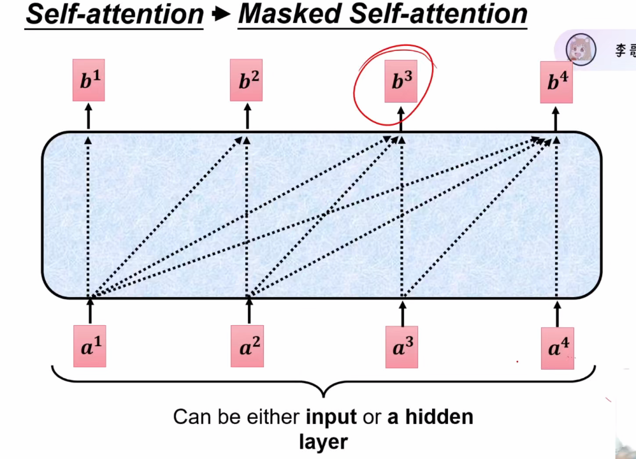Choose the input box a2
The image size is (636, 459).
247,347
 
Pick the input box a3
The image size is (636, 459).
402,347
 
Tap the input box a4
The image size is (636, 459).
557,348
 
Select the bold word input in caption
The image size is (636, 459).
331,418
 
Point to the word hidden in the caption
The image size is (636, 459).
439,418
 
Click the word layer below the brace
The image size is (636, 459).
323,441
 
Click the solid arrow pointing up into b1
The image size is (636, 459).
89,117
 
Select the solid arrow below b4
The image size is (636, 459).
557,118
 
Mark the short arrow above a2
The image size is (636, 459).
247,312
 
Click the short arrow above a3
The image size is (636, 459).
402,312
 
